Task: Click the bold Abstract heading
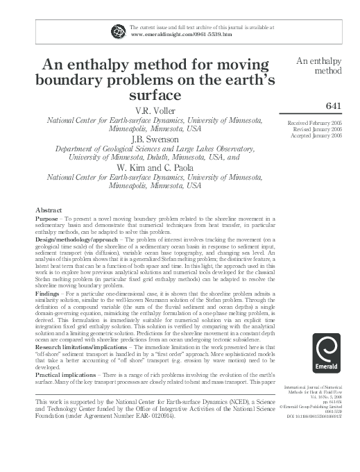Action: pyautogui.click(x=49, y=210)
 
